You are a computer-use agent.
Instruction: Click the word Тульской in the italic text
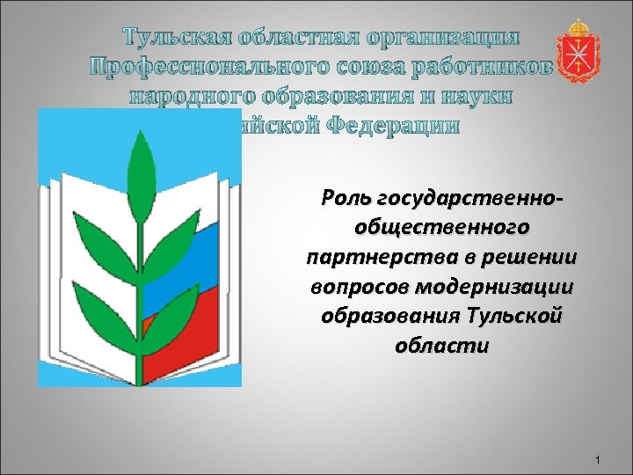[x=514, y=316]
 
